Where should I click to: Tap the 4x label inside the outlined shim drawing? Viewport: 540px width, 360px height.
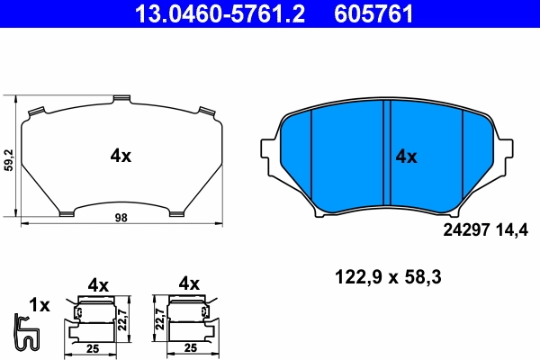[x=121, y=156]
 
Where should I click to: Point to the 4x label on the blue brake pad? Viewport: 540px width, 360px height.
[x=407, y=157]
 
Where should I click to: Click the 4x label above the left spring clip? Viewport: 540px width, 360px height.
[x=98, y=285]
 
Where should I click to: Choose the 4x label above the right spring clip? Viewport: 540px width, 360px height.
[x=188, y=283]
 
